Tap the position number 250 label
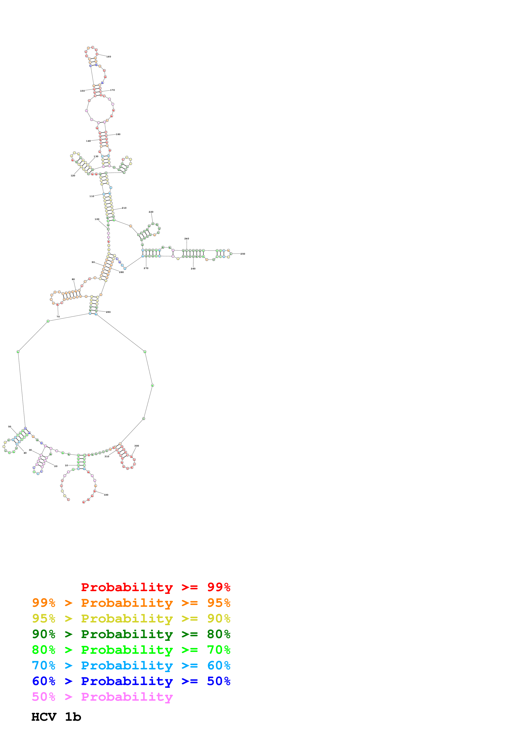click(243, 254)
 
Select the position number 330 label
click(106, 495)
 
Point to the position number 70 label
click(58, 317)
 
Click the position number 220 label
click(151, 212)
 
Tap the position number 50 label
click(10, 427)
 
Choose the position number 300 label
click(137, 446)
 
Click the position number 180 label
click(118, 134)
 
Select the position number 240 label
click(187, 239)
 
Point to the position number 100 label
click(97, 219)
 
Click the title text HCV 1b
click(56, 717)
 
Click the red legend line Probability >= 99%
click(155, 587)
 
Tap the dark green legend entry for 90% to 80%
click(131, 634)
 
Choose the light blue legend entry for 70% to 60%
click(131, 665)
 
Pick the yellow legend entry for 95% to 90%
click(131, 618)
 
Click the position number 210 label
click(124, 208)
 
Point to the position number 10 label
click(66, 466)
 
